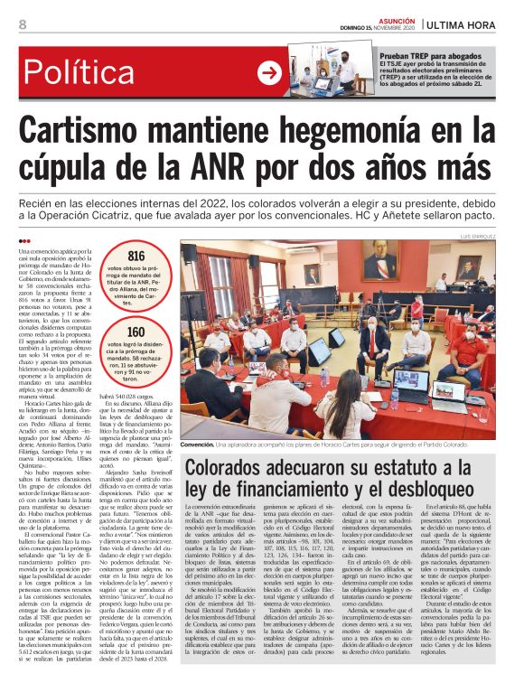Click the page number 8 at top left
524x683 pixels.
21,23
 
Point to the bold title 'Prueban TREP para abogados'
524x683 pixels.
415,55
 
